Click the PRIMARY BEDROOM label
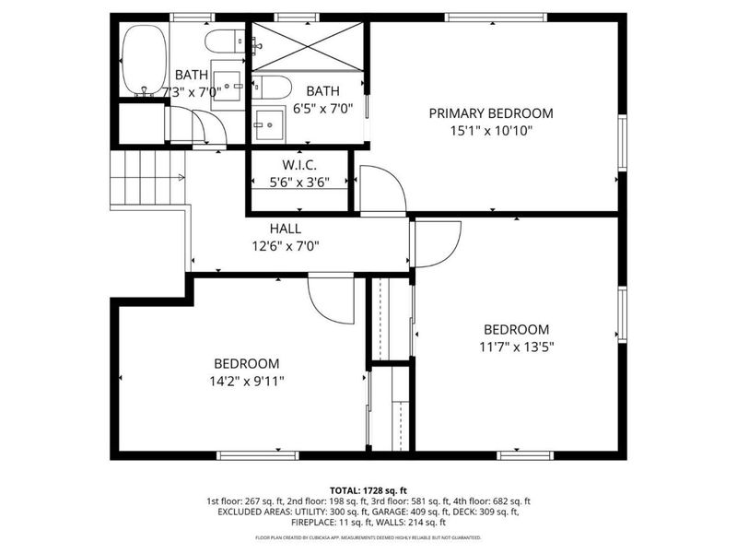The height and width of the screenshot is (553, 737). pyautogui.click(x=491, y=113)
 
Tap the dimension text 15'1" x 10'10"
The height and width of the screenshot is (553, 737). pyautogui.click(x=491, y=131)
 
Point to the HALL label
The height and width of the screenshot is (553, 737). pyautogui.click(x=286, y=229)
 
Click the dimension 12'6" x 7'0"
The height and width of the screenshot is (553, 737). pyautogui.click(x=286, y=246)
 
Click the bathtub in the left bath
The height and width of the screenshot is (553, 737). pyautogui.click(x=144, y=59)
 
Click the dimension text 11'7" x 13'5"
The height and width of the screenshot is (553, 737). pyautogui.click(x=516, y=347)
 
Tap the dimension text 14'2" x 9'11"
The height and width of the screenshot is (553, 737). pyautogui.click(x=247, y=382)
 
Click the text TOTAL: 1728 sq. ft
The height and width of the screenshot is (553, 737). pyautogui.click(x=368, y=490)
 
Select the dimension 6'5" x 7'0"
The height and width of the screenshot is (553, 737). pyautogui.click(x=322, y=108)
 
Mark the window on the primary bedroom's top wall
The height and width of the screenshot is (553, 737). pyautogui.click(x=496, y=17)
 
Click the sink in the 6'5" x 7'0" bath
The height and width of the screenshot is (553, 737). pyautogui.click(x=271, y=123)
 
